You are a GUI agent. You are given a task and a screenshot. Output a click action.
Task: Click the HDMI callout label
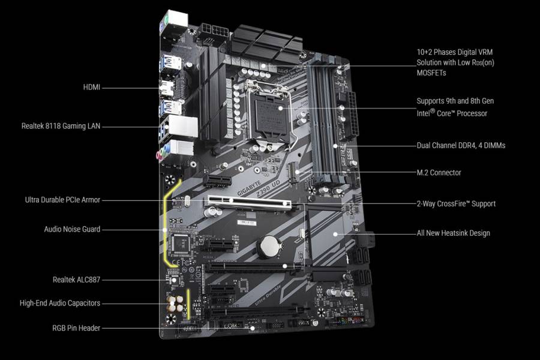pos(92,88)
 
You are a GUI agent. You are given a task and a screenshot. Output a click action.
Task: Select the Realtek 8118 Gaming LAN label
pos(61,126)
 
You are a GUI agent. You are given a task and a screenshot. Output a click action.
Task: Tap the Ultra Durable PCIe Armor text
pos(62,200)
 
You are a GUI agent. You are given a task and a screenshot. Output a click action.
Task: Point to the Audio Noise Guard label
pos(72,229)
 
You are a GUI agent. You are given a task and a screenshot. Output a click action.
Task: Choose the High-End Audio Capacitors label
pos(59,303)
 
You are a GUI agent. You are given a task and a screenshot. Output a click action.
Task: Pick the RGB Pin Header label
pos(76,328)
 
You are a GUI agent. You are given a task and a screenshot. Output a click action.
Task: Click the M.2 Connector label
pos(439,173)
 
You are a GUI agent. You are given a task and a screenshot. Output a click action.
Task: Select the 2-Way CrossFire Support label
pos(456,204)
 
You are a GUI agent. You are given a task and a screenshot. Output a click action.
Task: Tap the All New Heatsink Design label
pos(453,233)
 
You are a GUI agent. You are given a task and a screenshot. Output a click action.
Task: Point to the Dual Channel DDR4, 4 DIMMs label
pos(460,145)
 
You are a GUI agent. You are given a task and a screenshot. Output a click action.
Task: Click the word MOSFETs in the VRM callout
pos(432,73)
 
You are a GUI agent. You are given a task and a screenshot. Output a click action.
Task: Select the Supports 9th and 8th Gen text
pos(455,101)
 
